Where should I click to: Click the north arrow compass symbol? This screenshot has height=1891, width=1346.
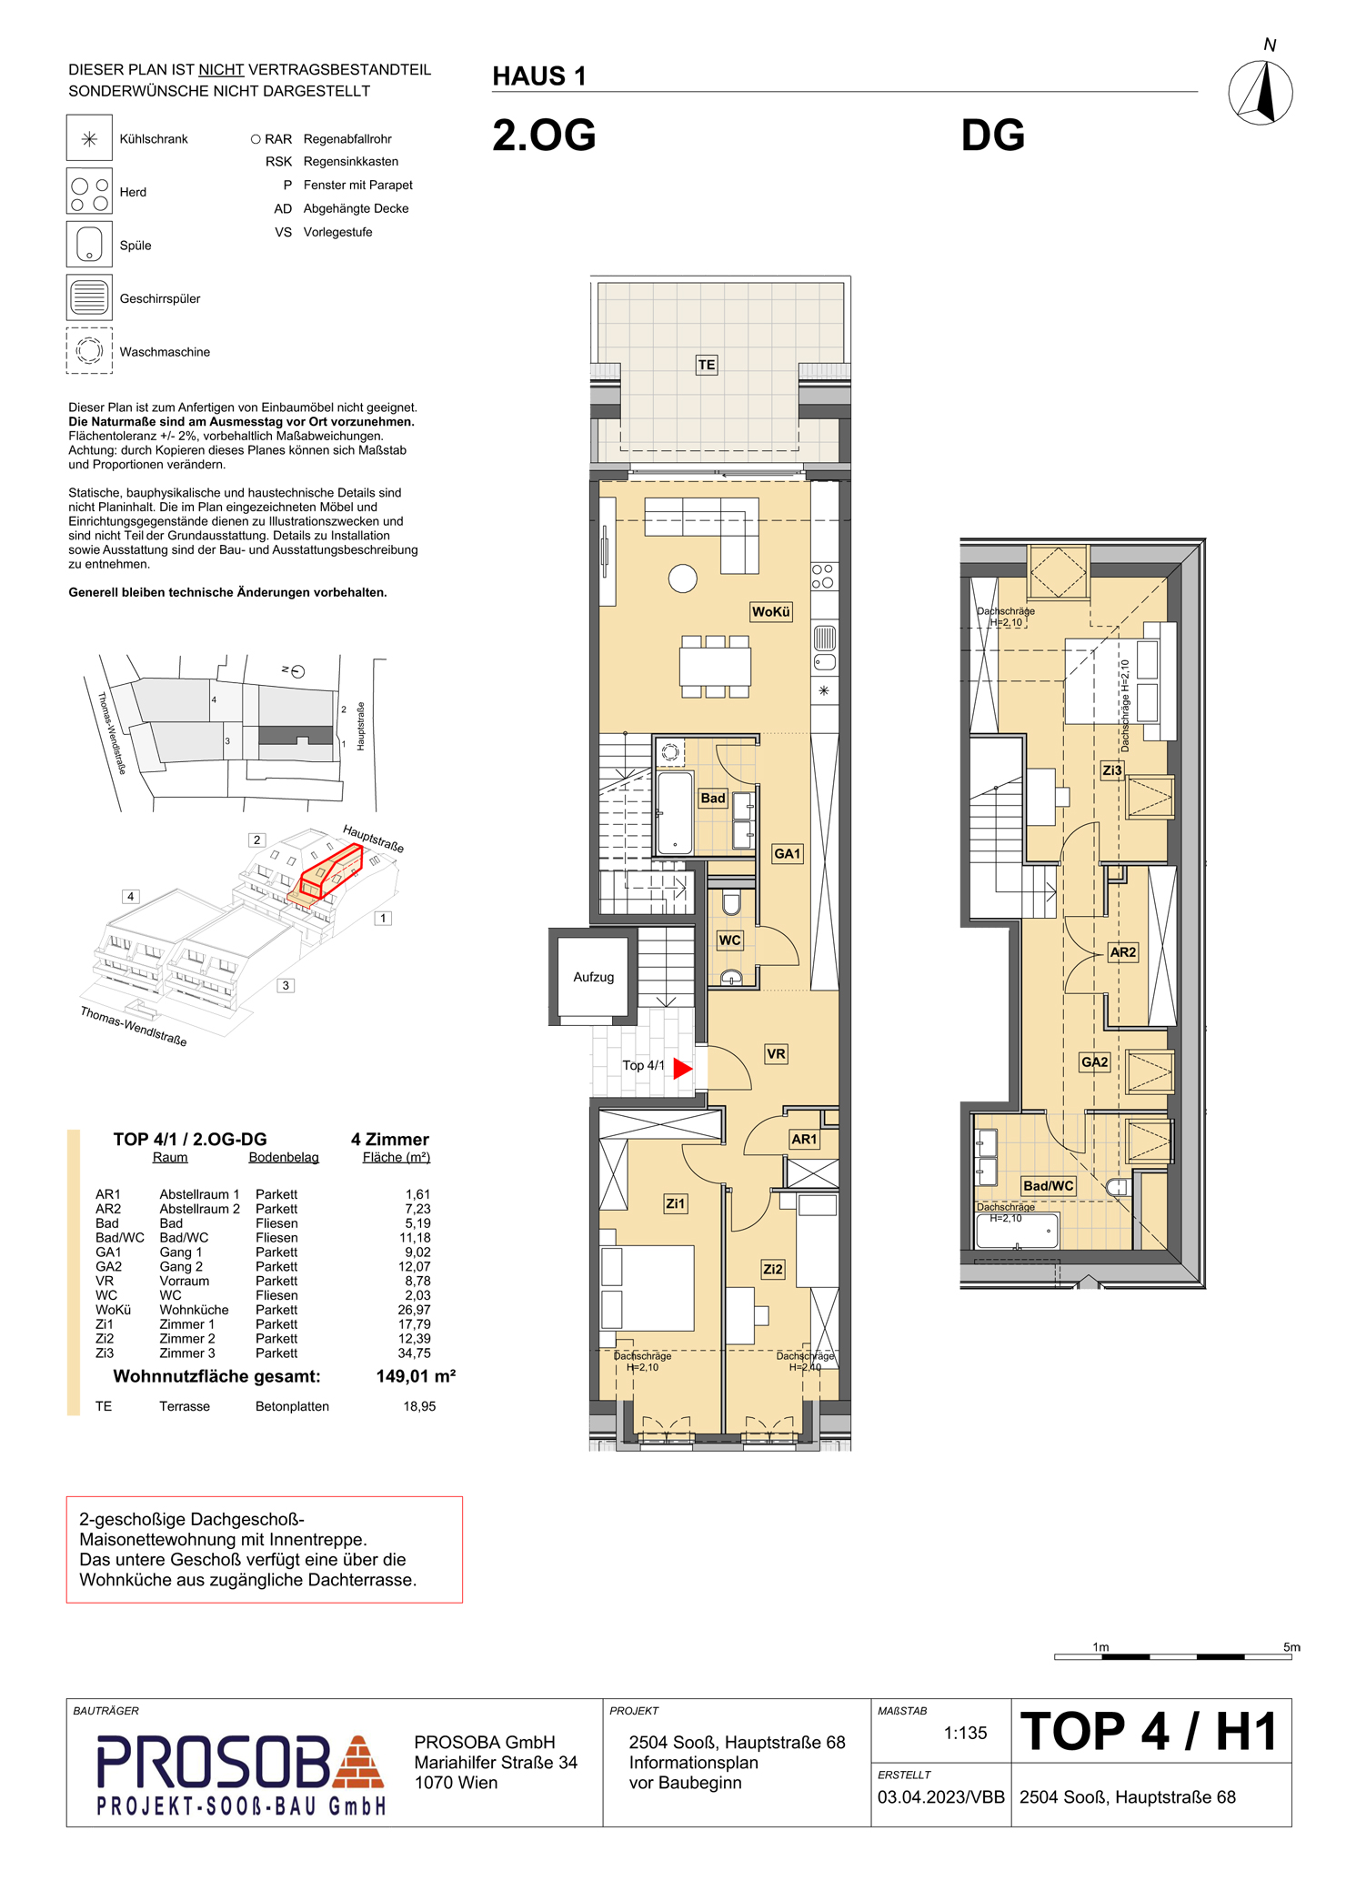1261,92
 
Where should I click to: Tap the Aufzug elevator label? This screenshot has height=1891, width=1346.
593,977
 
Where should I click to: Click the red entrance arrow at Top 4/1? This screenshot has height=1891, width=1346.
683,1068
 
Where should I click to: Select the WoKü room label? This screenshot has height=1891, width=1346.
770,612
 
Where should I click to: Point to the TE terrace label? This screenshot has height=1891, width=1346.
707,365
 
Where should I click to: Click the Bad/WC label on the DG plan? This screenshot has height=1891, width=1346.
1049,1185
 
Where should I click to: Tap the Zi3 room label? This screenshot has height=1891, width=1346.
1112,770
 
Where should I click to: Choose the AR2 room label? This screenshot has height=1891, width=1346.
1123,952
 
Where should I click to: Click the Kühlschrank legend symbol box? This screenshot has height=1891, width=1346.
89,138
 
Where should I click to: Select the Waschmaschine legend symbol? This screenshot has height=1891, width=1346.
89,350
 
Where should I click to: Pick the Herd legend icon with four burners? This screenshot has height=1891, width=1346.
89,191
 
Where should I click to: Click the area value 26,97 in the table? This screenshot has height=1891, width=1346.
414,1310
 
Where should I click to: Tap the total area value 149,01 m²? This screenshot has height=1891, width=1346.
416,1376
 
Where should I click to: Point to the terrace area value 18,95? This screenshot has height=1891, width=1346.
419,1406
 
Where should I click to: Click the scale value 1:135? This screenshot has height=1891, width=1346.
965,1733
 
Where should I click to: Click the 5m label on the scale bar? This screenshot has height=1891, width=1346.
1291,1647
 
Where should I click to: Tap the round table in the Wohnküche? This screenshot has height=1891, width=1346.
683,578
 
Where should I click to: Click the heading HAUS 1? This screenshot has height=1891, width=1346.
539,76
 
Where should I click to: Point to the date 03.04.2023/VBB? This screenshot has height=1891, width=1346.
941,1797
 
